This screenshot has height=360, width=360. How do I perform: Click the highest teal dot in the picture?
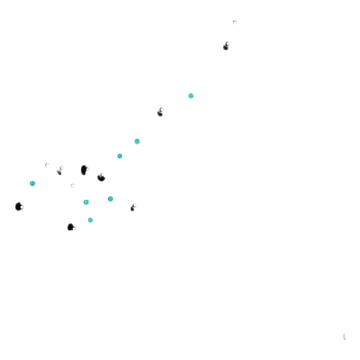tap(191, 96)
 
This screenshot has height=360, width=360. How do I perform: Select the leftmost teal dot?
tap(32, 184)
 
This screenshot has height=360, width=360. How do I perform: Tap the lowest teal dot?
tap(90, 220)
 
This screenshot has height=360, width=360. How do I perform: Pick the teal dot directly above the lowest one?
tap(86, 202)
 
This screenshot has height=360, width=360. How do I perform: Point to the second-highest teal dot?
tap(137, 141)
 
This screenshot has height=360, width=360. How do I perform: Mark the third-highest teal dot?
tap(120, 156)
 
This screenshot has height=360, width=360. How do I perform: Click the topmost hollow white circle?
tap(234, 22)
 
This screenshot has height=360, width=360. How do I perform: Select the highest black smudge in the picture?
tap(226, 47)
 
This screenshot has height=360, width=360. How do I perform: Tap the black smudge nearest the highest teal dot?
tap(160, 113)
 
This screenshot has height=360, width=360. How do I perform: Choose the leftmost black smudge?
tap(18, 206)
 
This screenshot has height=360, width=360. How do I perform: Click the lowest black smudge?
tap(70, 227)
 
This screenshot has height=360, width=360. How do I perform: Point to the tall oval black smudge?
tap(84, 170)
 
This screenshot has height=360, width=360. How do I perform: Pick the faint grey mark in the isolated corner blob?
tap(344, 336)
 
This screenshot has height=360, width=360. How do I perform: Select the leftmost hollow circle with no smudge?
tap(47, 165)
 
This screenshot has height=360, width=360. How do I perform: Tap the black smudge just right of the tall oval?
tap(101, 177)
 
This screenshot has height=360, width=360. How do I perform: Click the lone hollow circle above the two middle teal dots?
tap(72, 185)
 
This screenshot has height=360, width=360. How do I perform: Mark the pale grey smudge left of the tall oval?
tap(59, 172)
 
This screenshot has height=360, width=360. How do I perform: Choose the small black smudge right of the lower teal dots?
tap(133, 208)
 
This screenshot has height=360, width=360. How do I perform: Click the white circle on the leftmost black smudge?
tap(22, 207)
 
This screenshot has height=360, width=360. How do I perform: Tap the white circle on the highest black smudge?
tap(228, 44)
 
